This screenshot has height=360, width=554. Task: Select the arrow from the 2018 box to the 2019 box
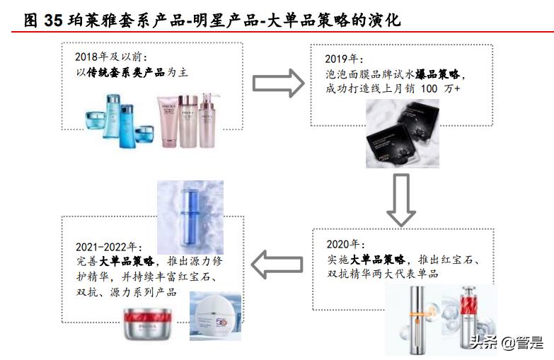[x=278, y=83]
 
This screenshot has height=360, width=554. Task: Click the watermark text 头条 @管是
[x=507, y=343]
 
